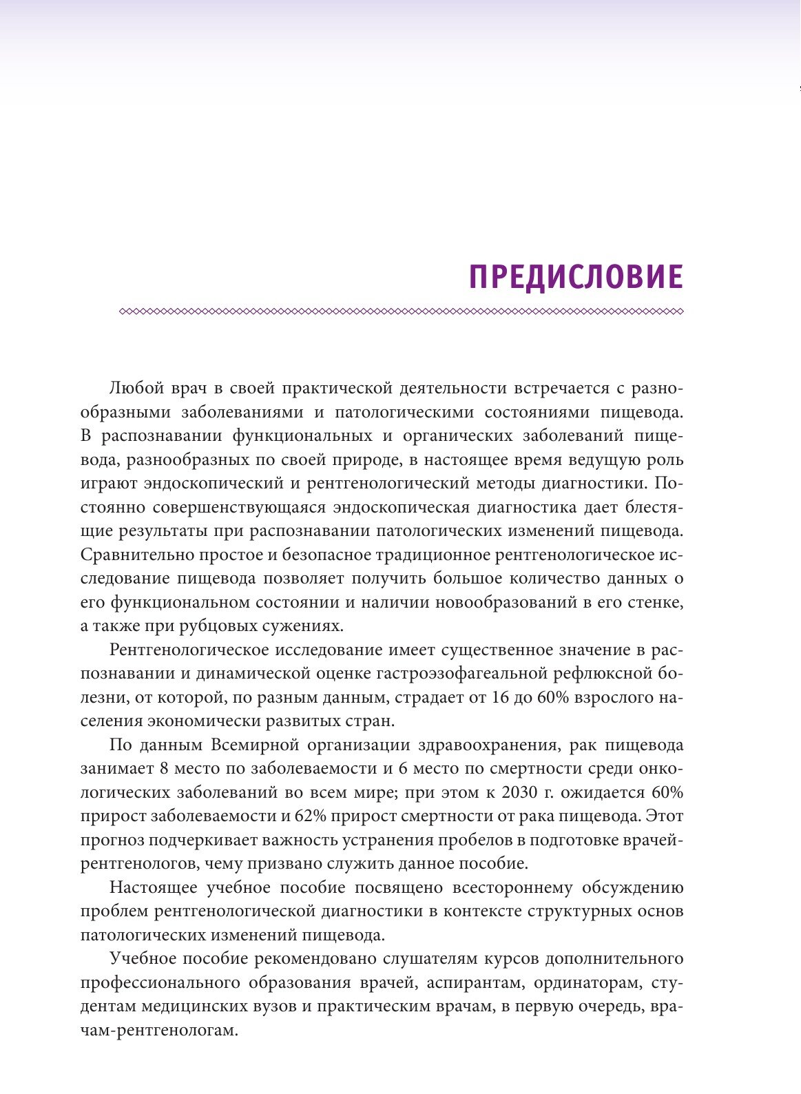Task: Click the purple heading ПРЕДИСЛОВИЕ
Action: (x=576, y=277)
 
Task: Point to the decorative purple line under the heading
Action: (x=401, y=312)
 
